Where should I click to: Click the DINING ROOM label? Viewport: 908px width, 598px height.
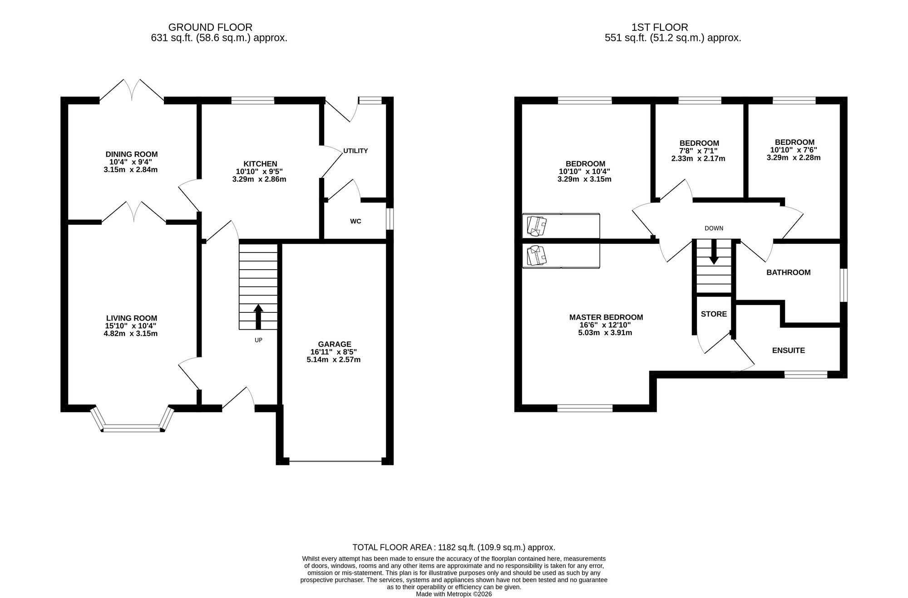pos(132,154)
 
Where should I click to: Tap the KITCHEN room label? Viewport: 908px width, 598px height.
pos(260,164)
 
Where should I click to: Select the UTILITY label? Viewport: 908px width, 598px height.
pos(355,151)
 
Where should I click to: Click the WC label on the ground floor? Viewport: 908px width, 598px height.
pos(355,221)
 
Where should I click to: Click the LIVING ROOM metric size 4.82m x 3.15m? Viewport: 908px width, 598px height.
pos(131,334)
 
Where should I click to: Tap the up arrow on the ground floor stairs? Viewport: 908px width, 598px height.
pos(258,316)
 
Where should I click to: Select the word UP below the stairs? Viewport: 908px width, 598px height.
pos(258,340)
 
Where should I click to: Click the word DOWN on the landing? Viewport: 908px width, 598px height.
pos(714,228)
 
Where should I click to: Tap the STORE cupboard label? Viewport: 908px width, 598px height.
pos(714,314)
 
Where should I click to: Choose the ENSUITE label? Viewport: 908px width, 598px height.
pos(789,351)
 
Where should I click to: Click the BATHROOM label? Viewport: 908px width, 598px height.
pos(789,272)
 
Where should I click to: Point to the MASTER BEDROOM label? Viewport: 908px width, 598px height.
pos(606,317)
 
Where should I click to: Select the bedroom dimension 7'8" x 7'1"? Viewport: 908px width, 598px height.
pos(698,151)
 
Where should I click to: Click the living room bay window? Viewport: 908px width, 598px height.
pos(132,427)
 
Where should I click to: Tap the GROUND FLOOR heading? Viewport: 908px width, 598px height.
pos(210,28)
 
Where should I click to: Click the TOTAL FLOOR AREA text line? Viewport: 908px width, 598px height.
pos(454,548)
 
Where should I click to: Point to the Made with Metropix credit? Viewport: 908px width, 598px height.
pos(454,594)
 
